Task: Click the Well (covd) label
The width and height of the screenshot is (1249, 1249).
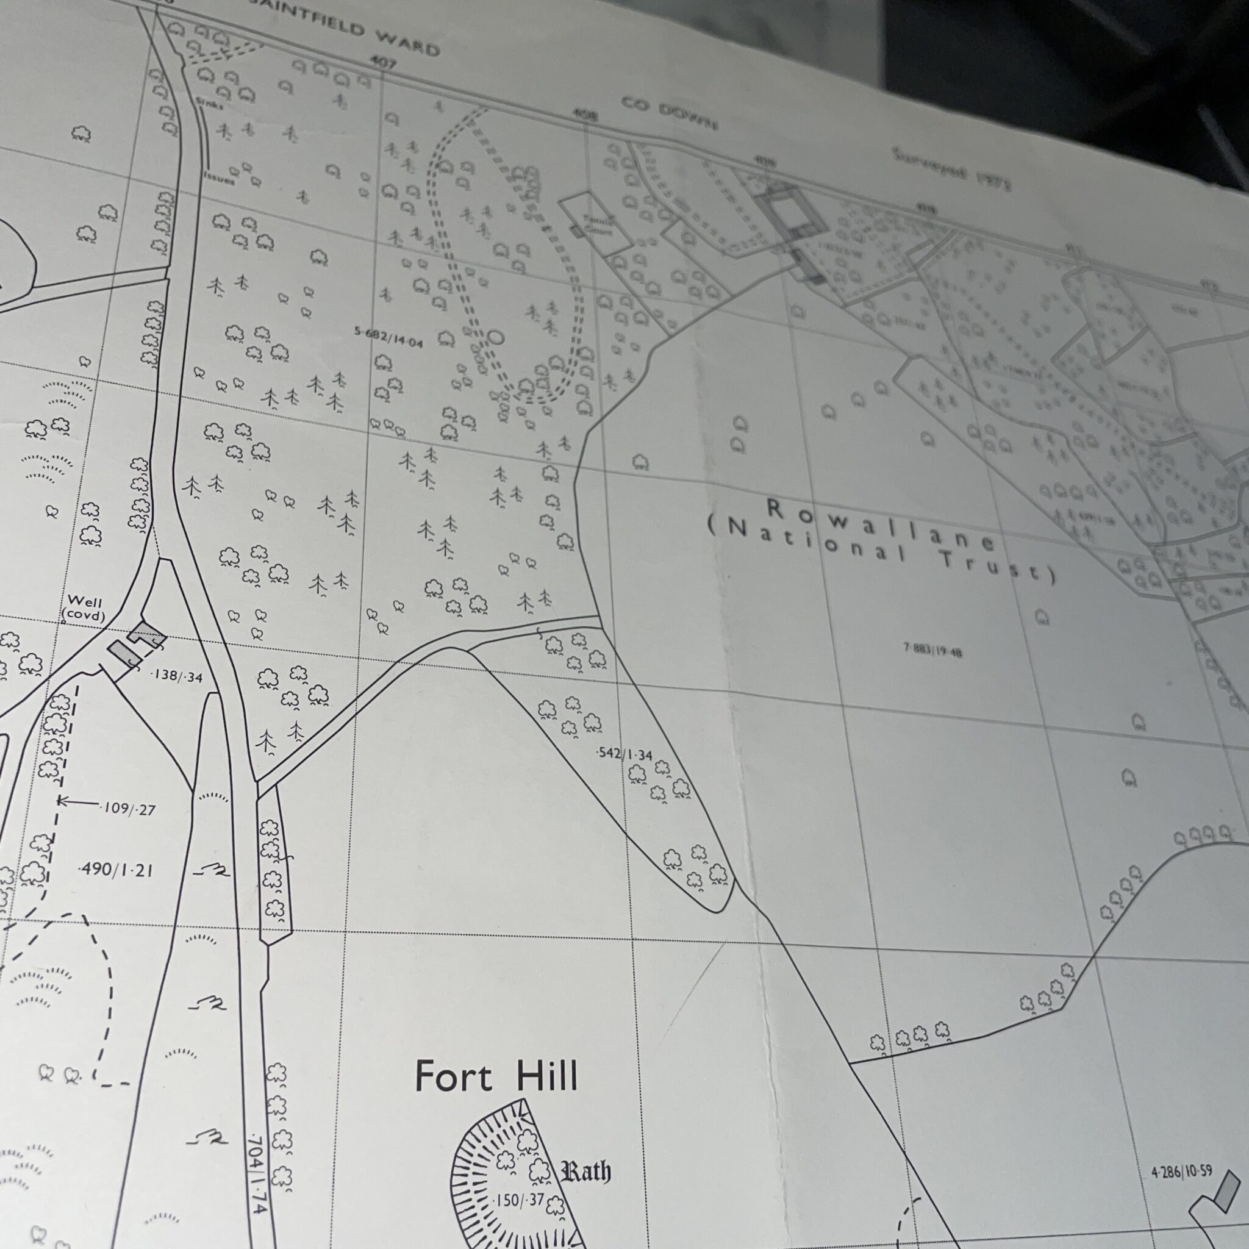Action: pyautogui.click(x=84, y=609)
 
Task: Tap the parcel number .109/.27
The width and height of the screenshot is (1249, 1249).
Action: pyautogui.click(x=129, y=809)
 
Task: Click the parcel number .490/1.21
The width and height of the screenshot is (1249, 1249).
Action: pyautogui.click(x=116, y=870)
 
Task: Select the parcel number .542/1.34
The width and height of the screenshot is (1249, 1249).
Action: pyautogui.click(x=624, y=753)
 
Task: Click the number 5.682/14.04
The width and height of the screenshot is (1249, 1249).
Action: pyautogui.click(x=388, y=337)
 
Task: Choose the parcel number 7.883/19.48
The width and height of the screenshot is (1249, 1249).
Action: pyautogui.click(x=933, y=650)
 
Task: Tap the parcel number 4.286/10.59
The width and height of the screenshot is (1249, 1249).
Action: pyautogui.click(x=1181, y=1171)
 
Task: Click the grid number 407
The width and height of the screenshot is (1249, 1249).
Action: pyautogui.click(x=383, y=62)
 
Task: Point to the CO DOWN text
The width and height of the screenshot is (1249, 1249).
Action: pyautogui.click(x=669, y=114)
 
